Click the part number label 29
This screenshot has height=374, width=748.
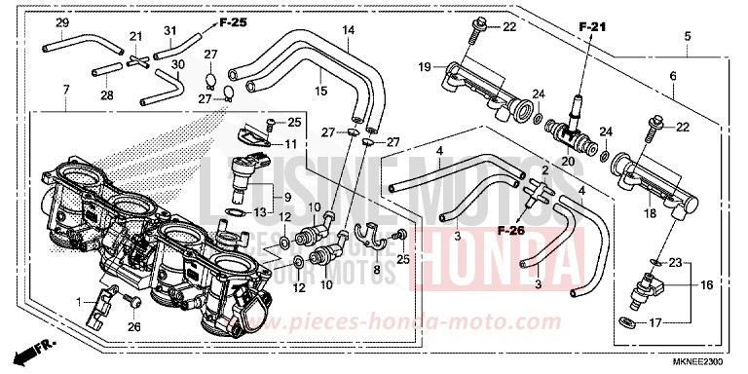pos(61,22)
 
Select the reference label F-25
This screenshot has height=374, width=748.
pos(232,21)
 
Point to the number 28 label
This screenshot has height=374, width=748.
pos(106,94)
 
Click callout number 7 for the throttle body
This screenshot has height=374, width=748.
pos(65,91)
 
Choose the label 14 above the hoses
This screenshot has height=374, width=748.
pos(348,30)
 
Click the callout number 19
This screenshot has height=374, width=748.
pos(425,66)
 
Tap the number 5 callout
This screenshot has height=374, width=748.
pos(688,37)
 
